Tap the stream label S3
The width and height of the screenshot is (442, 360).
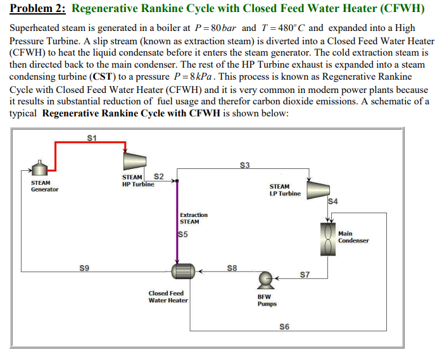click(x=246, y=166)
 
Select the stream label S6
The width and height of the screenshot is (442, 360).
click(x=284, y=326)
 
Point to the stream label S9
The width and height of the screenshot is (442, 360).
click(x=84, y=268)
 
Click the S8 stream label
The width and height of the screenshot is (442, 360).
click(x=232, y=268)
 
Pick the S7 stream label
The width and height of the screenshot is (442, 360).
click(x=305, y=274)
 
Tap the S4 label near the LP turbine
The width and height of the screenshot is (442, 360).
click(x=334, y=202)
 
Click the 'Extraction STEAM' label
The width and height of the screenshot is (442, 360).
click(x=193, y=218)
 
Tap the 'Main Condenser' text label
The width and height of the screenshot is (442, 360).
click(x=353, y=237)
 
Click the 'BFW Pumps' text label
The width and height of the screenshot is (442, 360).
click(x=267, y=300)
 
